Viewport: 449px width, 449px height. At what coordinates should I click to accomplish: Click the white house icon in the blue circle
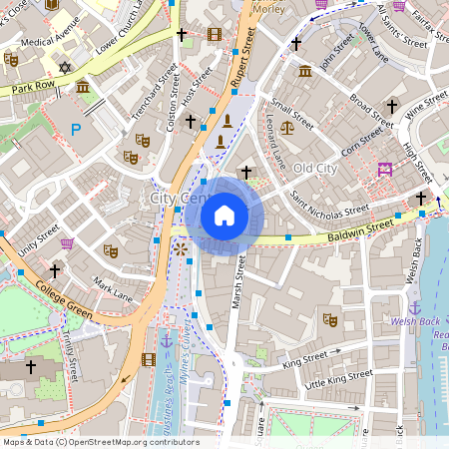coord(224,216)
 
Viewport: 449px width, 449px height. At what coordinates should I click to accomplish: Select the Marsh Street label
coord(238,282)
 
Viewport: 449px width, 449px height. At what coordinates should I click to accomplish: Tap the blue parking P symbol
coord(77,130)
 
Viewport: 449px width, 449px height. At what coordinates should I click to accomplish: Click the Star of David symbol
coord(67,68)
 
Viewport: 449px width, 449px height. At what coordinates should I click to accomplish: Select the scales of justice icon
coord(287,127)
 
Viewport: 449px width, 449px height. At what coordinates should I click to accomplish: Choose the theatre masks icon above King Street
coord(329,319)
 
